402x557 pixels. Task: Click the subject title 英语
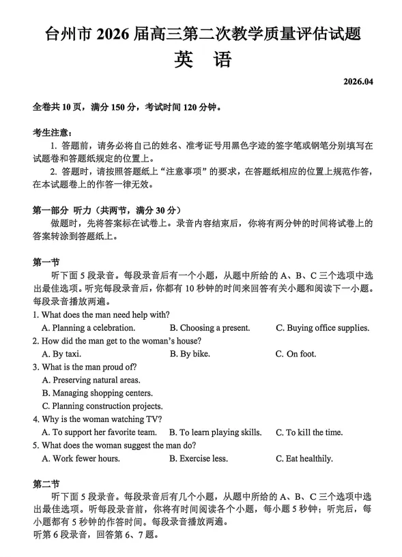click(x=202, y=59)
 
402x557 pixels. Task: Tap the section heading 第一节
click(x=46, y=262)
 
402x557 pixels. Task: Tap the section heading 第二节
click(x=46, y=485)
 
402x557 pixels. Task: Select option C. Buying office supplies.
click(x=322, y=328)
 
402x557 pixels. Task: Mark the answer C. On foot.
click(x=294, y=354)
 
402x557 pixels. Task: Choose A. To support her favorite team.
click(x=99, y=432)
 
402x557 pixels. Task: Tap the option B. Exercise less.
click(x=199, y=458)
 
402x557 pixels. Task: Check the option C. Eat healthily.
click(x=304, y=458)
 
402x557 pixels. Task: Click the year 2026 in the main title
click(x=117, y=32)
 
